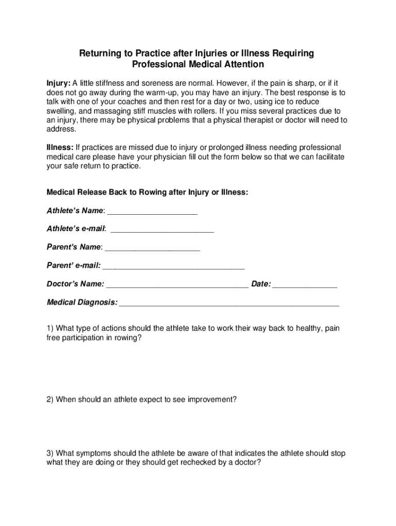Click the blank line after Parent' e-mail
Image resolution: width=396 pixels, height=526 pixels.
[x=174, y=266]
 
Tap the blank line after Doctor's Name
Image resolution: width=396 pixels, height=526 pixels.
[x=177, y=285]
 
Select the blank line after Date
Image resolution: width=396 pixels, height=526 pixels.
[x=305, y=285]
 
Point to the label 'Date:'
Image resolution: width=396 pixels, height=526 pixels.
[x=261, y=284]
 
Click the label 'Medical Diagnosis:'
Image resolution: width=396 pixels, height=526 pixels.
[x=82, y=303]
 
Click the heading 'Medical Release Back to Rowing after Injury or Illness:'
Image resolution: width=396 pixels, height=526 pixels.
[x=148, y=192]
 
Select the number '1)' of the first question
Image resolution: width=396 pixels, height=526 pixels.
[x=50, y=328]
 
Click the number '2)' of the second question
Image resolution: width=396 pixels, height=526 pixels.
[x=50, y=399]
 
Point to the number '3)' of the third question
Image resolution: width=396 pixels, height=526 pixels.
[x=50, y=454]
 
